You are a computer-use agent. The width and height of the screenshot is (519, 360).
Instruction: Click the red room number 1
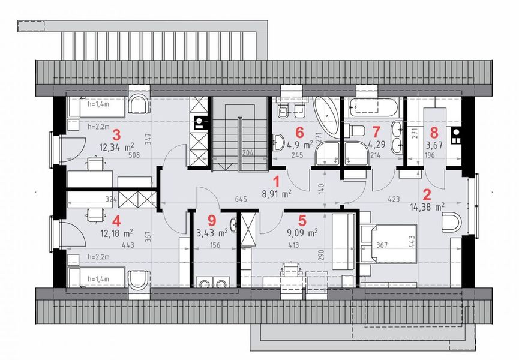click(276, 181)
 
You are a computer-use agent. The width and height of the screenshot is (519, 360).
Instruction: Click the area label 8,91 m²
click(277, 194)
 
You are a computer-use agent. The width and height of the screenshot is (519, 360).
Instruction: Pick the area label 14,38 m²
click(427, 206)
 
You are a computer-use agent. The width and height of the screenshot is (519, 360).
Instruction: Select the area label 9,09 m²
click(302, 230)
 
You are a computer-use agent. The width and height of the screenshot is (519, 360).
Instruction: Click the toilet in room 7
click(356, 131)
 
